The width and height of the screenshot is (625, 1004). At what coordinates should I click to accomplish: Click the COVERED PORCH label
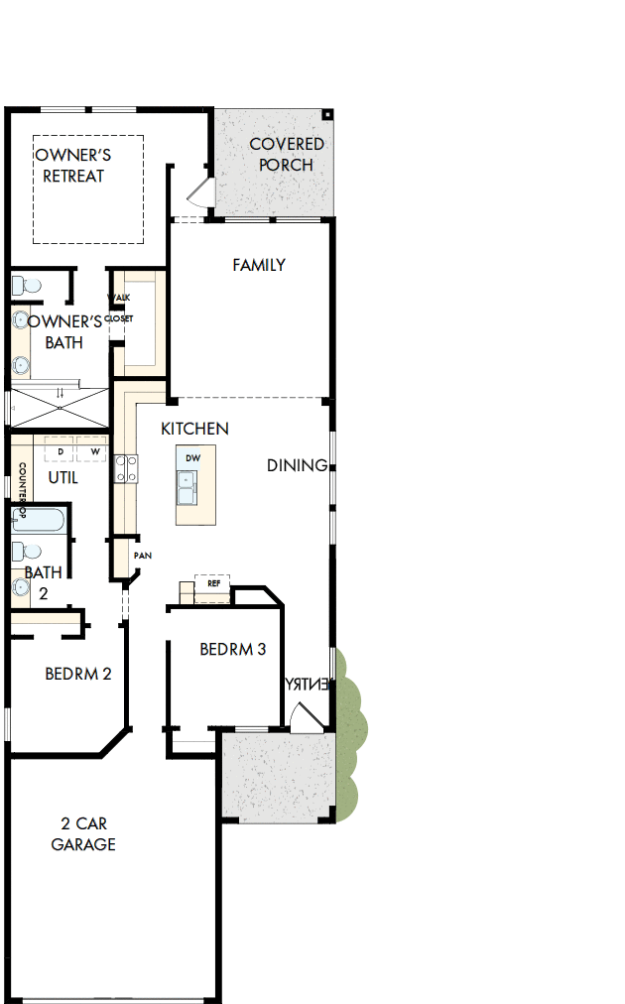click(x=286, y=155)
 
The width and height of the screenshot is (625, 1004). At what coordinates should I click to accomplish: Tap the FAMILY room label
click(x=259, y=265)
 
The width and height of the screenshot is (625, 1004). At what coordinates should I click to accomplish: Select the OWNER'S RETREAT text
click(x=73, y=166)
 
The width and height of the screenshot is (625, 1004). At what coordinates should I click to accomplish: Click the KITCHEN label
click(x=195, y=429)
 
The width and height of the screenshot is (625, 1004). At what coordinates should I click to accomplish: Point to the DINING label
click(x=297, y=465)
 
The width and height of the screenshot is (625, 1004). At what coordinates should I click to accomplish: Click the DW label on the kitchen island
click(x=193, y=459)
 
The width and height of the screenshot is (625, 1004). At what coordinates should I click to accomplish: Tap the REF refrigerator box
click(x=213, y=583)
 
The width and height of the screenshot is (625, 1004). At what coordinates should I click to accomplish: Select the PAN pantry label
click(x=142, y=556)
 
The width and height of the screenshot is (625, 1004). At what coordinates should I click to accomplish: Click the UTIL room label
click(x=62, y=477)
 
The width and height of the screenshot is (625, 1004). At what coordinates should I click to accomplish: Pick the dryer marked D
click(x=61, y=452)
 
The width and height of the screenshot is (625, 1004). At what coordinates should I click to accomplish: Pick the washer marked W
click(x=94, y=452)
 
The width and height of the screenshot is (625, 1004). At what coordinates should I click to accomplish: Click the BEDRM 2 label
click(x=78, y=674)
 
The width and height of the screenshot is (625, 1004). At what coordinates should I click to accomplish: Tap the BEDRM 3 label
click(x=233, y=650)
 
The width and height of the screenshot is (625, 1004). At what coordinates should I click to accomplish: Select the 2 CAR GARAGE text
click(x=83, y=834)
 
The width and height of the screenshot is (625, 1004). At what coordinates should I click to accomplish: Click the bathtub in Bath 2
click(x=37, y=520)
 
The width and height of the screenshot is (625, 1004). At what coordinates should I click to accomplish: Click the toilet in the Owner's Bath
click(x=27, y=286)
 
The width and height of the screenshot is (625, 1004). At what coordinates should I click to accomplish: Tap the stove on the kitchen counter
click(x=125, y=467)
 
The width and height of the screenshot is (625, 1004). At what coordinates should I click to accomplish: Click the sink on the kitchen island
click(x=187, y=486)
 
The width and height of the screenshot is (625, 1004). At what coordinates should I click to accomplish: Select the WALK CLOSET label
click(x=119, y=308)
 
